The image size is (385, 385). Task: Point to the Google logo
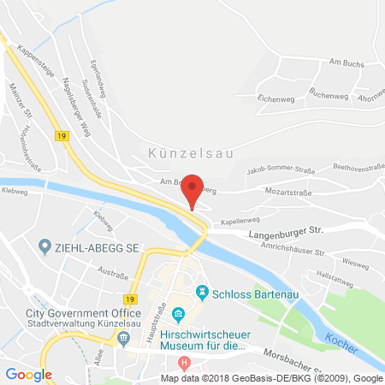click(x=29, y=374)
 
